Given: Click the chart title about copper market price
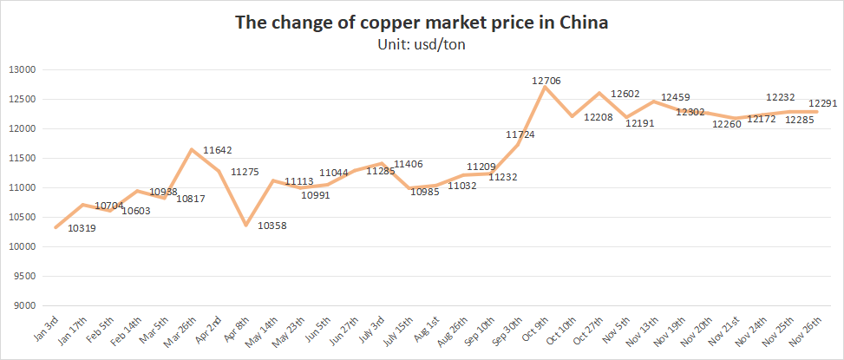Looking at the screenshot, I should click(422, 23).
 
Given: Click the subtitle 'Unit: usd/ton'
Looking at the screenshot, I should click(422, 46).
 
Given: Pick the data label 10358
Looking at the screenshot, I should click(272, 226).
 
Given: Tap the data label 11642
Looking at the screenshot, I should click(217, 150).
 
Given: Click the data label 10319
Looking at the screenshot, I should click(82, 227).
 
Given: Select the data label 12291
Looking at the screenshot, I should click(823, 101).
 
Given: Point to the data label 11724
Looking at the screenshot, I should click(520, 134).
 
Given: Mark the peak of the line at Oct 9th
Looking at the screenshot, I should click(545, 87).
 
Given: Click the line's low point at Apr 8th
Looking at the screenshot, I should click(246, 226).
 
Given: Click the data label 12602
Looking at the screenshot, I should click(625, 94).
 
